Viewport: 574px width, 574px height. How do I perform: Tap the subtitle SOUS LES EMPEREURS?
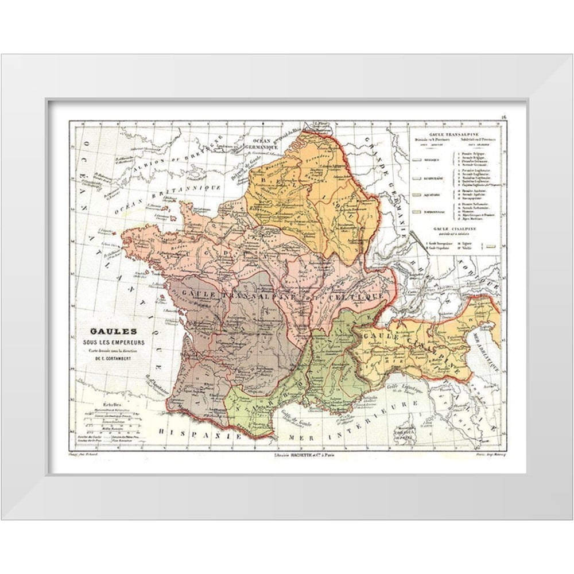click(x=113, y=343)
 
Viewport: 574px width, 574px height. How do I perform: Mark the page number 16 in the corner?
click(x=503, y=118)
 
